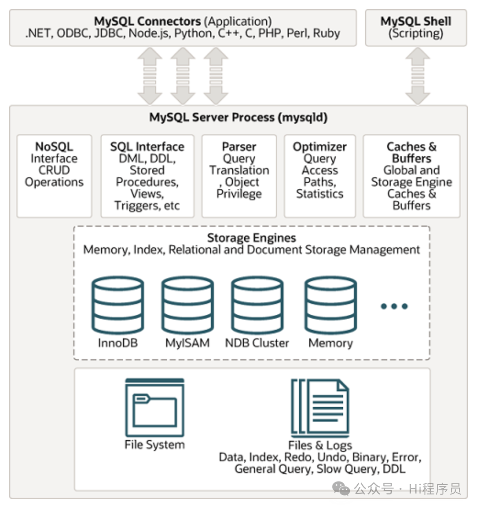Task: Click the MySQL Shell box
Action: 416,28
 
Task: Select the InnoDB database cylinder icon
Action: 118,305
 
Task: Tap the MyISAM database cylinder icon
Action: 188,305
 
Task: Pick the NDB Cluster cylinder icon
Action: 257,305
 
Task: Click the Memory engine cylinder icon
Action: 331,305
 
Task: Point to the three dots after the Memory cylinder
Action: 394,306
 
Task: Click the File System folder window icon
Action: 155,408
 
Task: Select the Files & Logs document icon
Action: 320,408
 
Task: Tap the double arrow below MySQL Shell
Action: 418,76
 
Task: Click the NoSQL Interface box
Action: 54,176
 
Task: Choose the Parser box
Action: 239,176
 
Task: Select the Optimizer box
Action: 320,176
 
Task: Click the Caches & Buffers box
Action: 412,176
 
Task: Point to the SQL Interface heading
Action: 147,147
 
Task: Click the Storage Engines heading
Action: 252,238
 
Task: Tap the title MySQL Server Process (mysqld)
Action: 238,117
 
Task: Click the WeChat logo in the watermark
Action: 341,489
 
